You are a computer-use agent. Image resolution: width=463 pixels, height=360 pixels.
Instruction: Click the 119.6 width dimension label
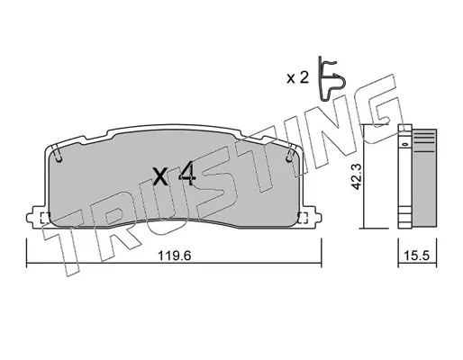[175, 256]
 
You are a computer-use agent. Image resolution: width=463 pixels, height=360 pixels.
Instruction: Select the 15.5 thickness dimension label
[417, 256]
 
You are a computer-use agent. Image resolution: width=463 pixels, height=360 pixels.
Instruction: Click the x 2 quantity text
[297, 78]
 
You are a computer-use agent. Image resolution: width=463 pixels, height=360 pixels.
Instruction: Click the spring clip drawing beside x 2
[332, 78]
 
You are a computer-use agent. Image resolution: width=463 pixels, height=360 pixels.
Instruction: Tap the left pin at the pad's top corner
[57, 154]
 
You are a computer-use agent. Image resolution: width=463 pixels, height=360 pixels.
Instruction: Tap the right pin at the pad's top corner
[290, 154]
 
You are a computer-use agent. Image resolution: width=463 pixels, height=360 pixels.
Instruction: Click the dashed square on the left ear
[45, 218]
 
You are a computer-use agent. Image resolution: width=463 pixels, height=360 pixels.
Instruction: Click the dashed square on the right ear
[303, 218]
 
